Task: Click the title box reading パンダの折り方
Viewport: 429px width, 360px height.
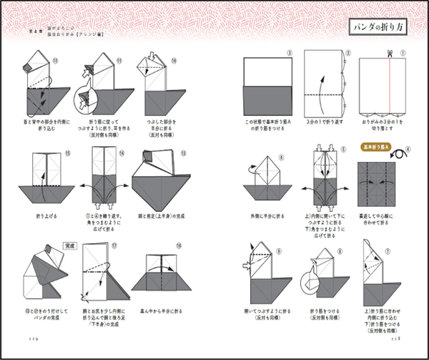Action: coord(378,27)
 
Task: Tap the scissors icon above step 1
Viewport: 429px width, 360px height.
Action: coord(390,53)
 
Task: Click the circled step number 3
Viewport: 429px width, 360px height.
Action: coord(288,54)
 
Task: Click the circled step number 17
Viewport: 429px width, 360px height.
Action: coord(116,244)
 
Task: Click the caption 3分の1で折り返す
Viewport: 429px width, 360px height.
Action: coord(325,122)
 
